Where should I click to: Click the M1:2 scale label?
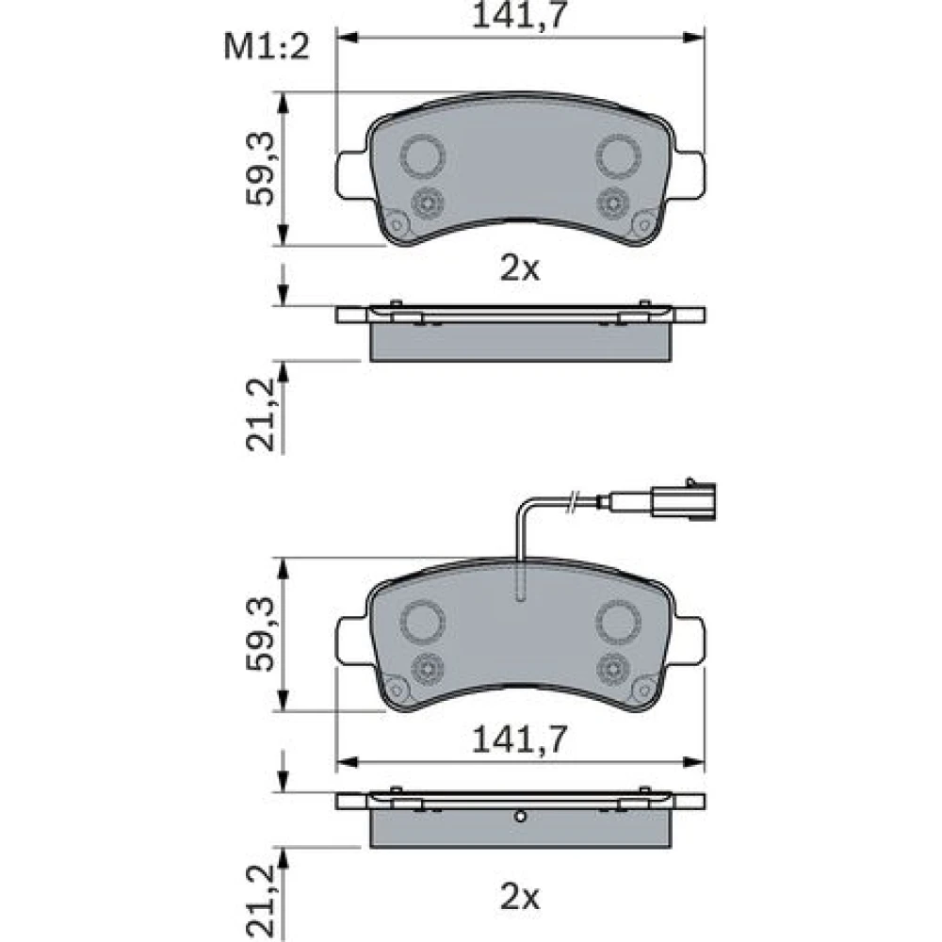click(x=267, y=46)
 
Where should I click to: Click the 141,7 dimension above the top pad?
click(x=520, y=16)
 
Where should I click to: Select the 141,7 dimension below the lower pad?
click(x=520, y=739)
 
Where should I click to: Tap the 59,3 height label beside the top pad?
click(x=260, y=170)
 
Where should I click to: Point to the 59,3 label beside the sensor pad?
click(x=260, y=634)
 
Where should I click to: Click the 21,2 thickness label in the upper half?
click(x=260, y=414)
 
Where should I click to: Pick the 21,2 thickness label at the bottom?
click(x=260, y=903)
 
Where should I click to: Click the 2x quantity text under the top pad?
click(x=520, y=270)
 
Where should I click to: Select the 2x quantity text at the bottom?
click(x=520, y=899)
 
